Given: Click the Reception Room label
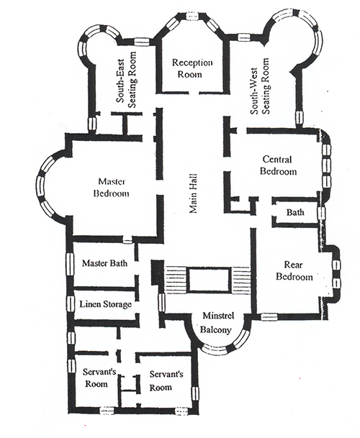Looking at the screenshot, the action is (x=192, y=68).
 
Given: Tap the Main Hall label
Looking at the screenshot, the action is (x=193, y=193).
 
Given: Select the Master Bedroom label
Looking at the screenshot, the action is (x=112, y=188).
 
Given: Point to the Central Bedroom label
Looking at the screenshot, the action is (x=278, y=165).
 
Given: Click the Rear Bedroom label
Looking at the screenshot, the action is (x=294, y=270).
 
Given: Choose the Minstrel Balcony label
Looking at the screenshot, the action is (x=217, y=323).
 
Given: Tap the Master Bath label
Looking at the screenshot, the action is (x=104, y=263).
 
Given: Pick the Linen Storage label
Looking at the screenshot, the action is (x=105, y=304).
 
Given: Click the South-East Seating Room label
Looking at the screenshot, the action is (x=126, y=79).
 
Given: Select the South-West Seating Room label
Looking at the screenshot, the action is (x=260, y=86).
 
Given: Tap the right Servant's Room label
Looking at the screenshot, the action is (x=166, y=380).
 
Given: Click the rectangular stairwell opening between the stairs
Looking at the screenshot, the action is (x=210, y=280).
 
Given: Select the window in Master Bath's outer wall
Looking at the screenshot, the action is (x=69, y=264).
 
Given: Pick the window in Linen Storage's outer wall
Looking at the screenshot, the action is (x=71, y=304).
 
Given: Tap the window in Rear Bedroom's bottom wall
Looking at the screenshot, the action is (x=269, y=316).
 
